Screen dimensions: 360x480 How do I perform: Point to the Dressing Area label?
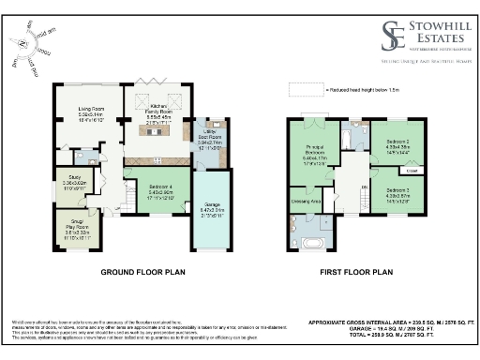(307, 201)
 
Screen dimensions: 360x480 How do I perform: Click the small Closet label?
(412, 171)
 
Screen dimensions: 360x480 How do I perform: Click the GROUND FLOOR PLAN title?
(144, 273)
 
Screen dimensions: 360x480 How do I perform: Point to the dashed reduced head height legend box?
(306, 88)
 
